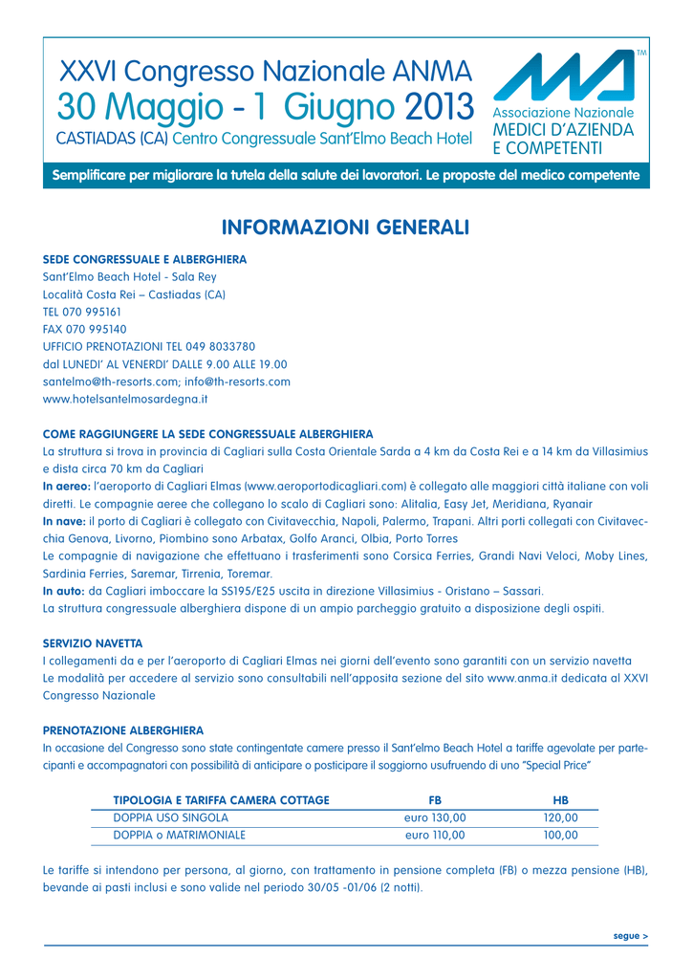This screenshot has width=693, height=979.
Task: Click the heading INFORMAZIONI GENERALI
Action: pyautogui.click(x=345, y=228)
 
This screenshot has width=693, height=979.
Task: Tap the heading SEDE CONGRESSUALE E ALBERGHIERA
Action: pyautogui.click(x=145, y=260)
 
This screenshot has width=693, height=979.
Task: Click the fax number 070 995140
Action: pyautogui.click(x=97, y=329)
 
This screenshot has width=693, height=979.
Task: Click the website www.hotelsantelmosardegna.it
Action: pyautogui.click(x=126, y=398)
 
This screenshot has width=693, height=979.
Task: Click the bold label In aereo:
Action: pyautogui.click(x=66, y=485)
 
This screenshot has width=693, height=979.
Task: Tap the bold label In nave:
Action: pyautogui.click(x=64, y=521)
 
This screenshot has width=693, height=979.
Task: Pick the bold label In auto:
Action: pyautogui.click(x=63, y=591)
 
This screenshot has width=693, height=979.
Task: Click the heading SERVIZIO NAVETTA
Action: pyautogui.click(x=93, y=643)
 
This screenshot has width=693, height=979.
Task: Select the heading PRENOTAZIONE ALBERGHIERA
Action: pyautogui.click(x=123, y=729)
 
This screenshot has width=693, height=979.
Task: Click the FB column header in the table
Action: pyautogui.click(x=435, y=799)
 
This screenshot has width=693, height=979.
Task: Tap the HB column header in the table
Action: pyautogui.click(x=561, y=799)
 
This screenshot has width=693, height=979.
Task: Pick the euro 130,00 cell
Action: pyautogui.click(x=435, y=817)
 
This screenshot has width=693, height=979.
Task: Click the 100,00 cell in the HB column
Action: pyautogui.click(x=561, y=835)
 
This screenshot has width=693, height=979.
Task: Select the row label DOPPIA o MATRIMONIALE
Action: pyautogui.click(x=180, y=835)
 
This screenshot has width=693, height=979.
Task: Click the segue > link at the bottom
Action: pyautogui.click(x=631, y=935)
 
